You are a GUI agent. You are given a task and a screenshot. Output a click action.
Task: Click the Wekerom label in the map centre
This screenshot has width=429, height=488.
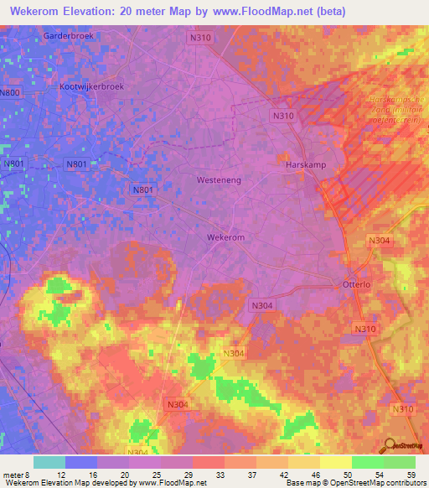point(225,237)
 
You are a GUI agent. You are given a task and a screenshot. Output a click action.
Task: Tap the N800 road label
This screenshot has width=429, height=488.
point(10,93)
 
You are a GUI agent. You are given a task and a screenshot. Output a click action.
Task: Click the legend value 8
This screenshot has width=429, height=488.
point(36,475)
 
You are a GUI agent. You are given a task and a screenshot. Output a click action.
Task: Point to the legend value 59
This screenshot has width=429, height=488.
point(411,475)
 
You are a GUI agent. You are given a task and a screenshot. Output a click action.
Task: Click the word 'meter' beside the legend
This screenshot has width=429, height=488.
point(15,475)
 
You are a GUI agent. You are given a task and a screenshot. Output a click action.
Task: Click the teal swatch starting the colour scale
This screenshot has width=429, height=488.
point(49,462)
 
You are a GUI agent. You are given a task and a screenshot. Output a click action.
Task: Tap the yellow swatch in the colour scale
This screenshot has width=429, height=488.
point(335,462)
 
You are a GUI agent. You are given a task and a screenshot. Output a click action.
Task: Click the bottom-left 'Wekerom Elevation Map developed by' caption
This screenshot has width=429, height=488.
point(59,483)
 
